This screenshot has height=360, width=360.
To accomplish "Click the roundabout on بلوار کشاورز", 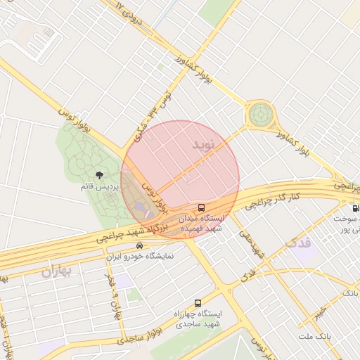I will point(260,113).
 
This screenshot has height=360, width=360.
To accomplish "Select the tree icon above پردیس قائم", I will point(98,174).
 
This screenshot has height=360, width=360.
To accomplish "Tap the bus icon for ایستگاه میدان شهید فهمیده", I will point(202,207).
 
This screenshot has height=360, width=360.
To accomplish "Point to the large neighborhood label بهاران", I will point(57,271).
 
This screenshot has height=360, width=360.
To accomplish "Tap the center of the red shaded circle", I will point(181,179).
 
